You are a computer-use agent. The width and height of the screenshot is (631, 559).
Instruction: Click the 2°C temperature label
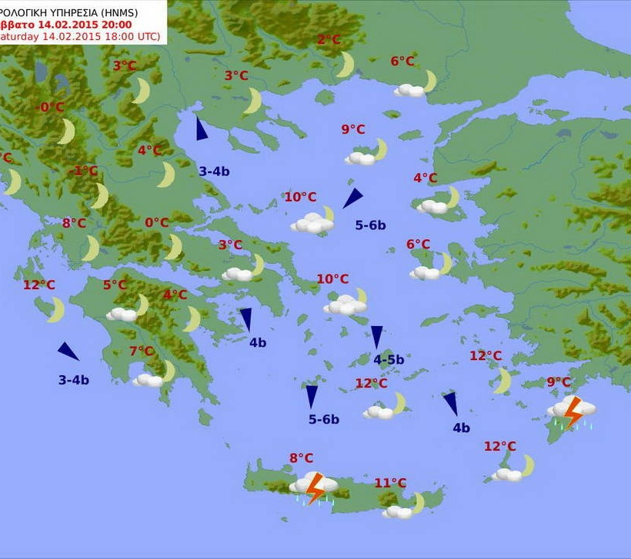tap(329, 41)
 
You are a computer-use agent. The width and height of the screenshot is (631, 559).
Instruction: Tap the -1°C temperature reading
tap(85, 171)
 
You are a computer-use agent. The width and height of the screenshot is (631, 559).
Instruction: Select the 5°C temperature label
tap(115, 285)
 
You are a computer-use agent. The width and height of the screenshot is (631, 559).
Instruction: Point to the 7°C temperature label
tap(142, 351)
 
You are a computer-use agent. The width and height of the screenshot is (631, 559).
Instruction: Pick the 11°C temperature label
tap(390, 483)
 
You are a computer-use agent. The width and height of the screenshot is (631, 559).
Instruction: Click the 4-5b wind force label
tap(389, 359)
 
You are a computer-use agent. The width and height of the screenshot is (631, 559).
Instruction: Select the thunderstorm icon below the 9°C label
tap(572, 411)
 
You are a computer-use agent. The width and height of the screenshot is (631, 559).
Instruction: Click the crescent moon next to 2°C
tap(346, 65)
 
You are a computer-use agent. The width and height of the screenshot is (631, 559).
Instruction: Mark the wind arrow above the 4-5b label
tap(376, 337)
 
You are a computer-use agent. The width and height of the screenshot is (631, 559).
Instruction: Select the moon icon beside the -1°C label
tap(100, 196)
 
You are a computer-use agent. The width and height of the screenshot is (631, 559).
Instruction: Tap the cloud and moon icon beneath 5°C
tap(128, 309)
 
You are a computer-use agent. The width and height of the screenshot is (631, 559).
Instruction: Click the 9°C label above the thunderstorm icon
tap(559, 382)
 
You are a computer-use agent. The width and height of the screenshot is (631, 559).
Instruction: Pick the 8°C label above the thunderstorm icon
tap(301, 458)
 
